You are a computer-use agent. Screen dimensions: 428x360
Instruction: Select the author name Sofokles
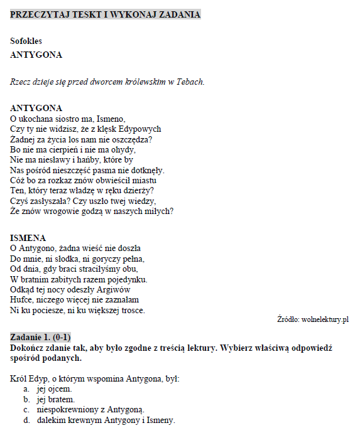point(26,41)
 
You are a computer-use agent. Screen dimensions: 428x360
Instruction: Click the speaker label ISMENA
point(28,238)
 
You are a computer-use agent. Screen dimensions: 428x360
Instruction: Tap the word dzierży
point(139,190)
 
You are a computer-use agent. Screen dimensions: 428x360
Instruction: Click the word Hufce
point(23,300)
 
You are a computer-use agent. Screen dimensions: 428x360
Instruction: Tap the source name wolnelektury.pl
point(324,319)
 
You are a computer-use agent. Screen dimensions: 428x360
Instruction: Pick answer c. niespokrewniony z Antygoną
point(90,410)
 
